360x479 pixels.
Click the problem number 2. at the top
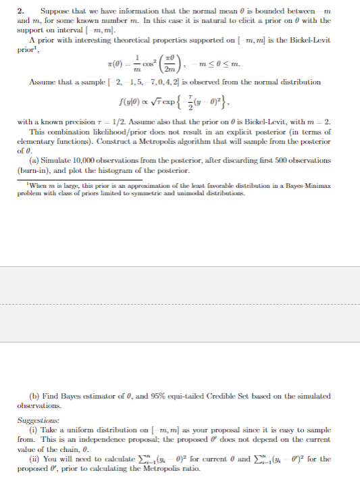(20, 11)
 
